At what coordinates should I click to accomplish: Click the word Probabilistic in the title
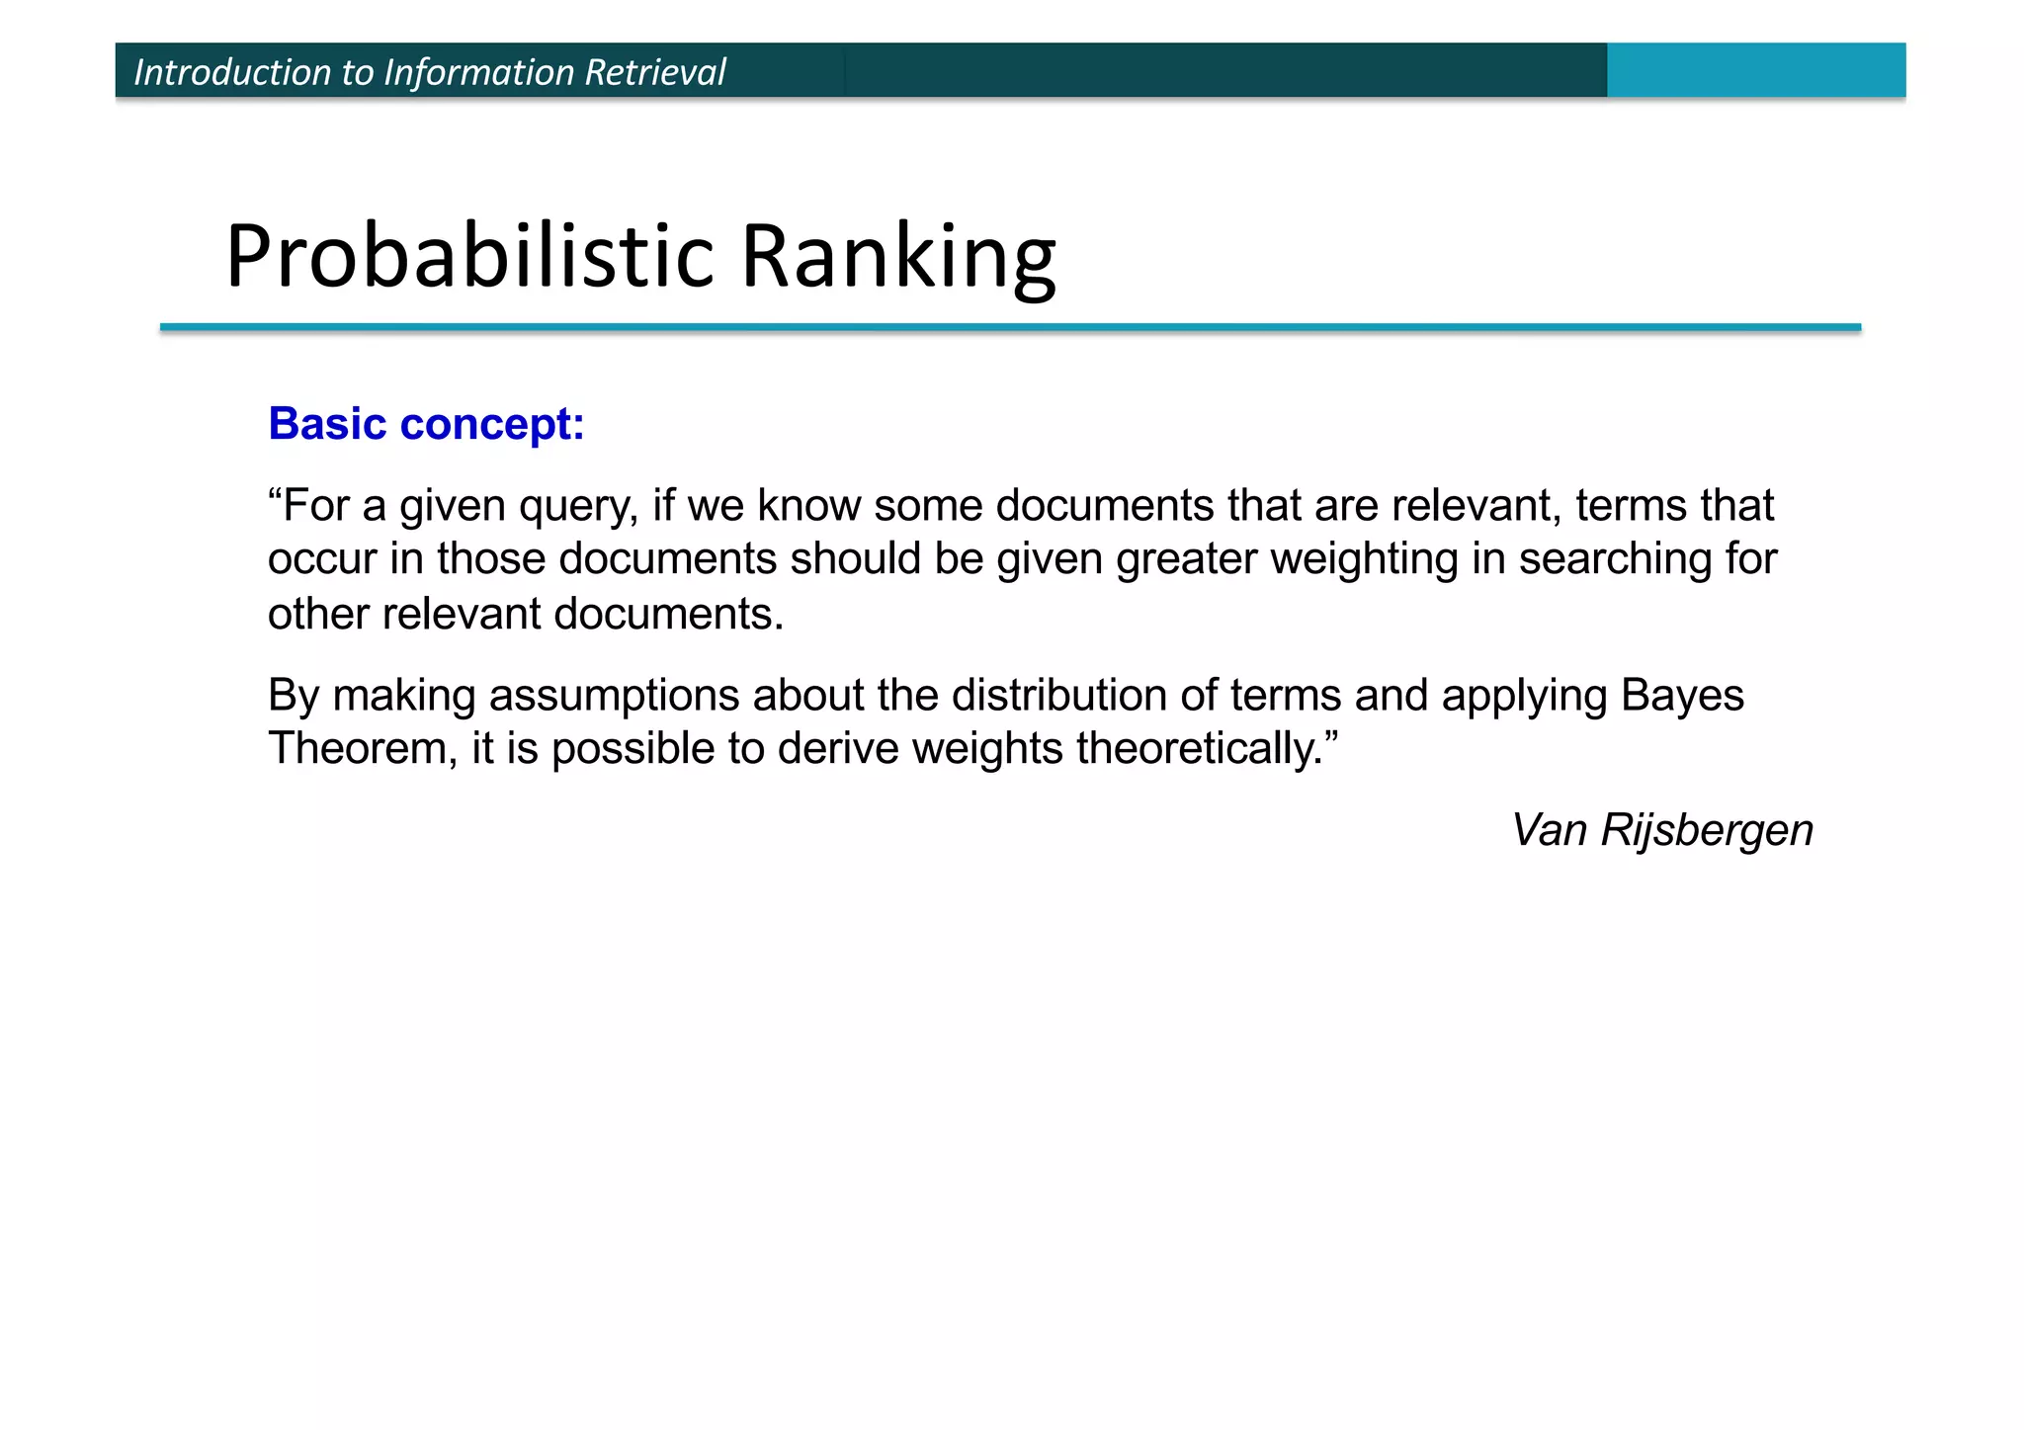pos(469,256)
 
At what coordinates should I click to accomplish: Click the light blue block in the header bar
pos(1755,70)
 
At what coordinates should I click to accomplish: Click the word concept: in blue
pos(492,424)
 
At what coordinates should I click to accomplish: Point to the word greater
pos(1187,560)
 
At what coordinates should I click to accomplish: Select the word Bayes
pos(1682,696)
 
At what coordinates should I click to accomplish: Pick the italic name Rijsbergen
pos(1707,830)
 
